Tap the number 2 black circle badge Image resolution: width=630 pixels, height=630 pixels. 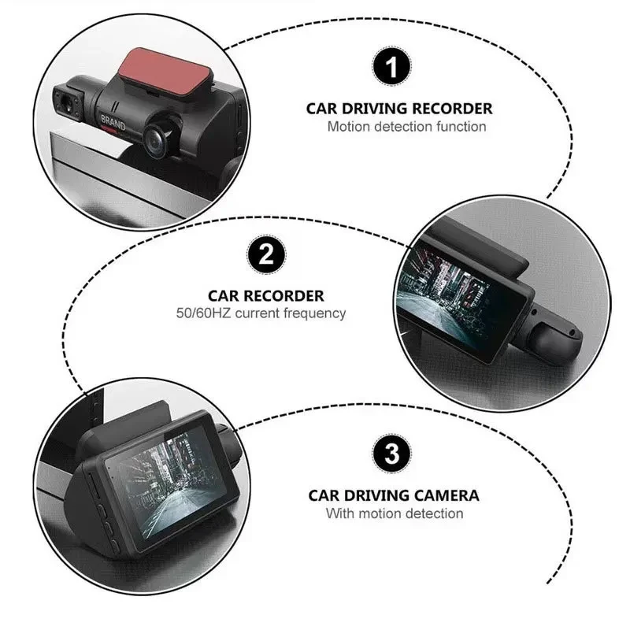[265, 257]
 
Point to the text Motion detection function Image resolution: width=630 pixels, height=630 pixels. [406, 126]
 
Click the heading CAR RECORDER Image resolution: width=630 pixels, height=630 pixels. [265, 296]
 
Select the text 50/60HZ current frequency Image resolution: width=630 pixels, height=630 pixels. [261, 313]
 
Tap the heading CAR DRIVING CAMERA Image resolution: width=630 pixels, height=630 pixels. [393, 496]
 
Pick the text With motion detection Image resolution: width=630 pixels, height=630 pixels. [395, 513]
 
